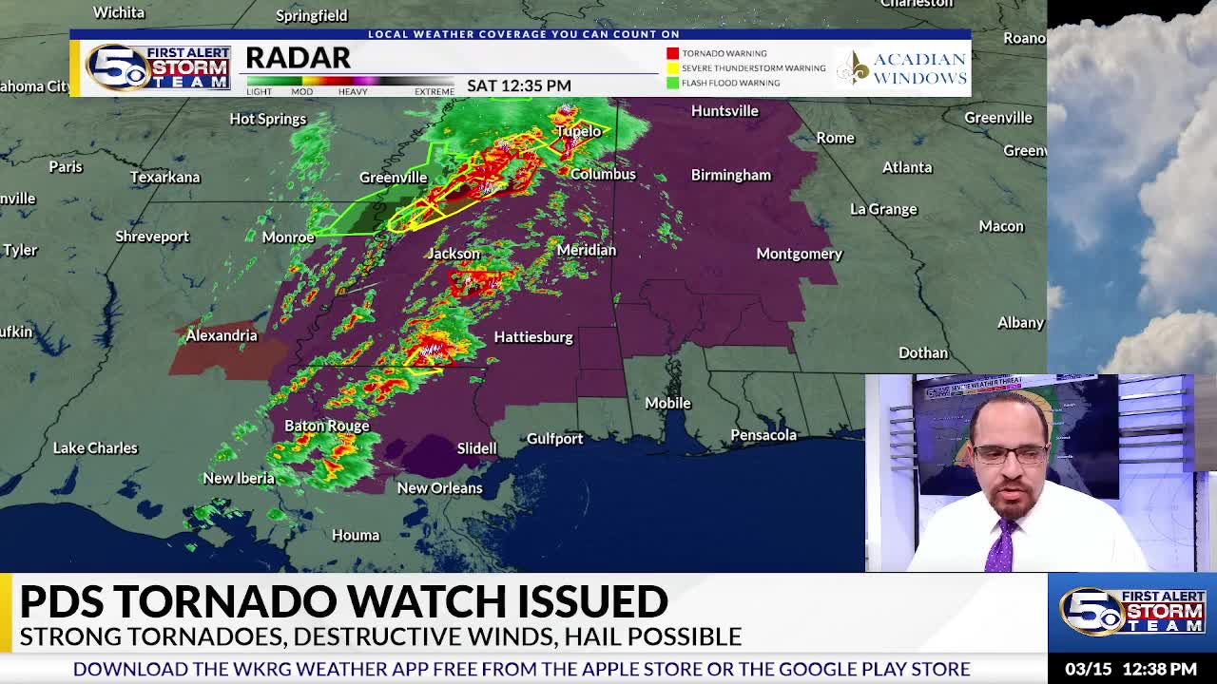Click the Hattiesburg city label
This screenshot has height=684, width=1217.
(532, 337)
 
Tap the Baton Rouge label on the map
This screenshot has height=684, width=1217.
(326, 426)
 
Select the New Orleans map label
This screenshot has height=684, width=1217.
(439, 488)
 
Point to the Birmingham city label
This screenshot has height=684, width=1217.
(730, 175)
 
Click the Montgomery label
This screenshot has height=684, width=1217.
(799, 254)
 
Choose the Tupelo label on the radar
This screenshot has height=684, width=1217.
(578, 131)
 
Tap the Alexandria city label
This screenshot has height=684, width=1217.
(221, 335)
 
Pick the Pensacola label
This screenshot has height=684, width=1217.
(763, 435)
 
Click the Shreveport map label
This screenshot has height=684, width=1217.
(152, 237)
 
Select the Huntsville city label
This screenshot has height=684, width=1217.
(724, 111)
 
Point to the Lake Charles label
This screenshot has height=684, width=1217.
(95, 448)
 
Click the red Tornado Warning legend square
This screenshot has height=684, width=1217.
(672, 53)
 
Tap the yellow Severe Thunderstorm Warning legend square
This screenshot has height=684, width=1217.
(672, 68)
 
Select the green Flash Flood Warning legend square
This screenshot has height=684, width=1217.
(672, 83)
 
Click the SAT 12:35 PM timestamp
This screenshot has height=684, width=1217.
(518, 85)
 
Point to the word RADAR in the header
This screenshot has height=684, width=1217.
(298, 58)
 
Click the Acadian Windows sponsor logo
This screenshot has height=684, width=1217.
(901, 68)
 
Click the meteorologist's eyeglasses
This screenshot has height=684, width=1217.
(1010, 455)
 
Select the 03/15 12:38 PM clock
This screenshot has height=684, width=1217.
(1130, 669)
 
